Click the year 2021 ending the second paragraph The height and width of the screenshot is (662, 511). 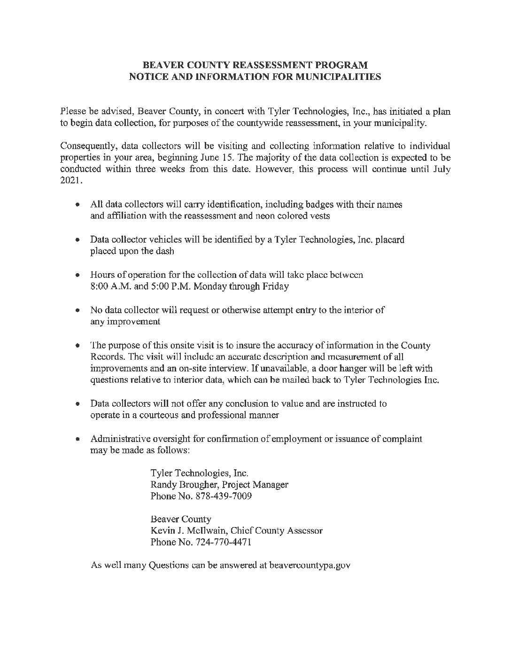point(70,181)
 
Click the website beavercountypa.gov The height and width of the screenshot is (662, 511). point(310,566)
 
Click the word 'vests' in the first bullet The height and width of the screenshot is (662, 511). point(319,216)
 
